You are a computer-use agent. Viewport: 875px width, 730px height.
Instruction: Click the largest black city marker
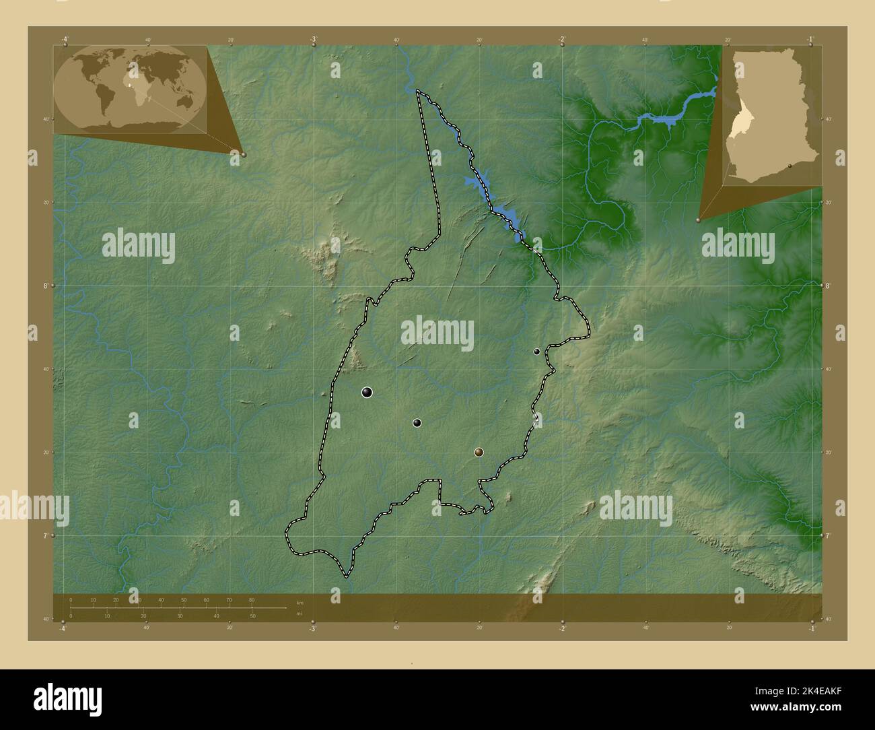coord(367,392)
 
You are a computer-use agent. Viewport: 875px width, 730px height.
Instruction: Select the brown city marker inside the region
coord(479,452)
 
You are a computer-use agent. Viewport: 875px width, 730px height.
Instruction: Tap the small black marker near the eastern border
coord(536,352)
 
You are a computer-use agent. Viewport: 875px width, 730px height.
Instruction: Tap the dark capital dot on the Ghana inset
coord(790,172)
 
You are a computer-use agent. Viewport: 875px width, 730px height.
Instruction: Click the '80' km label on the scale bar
coord(252,599)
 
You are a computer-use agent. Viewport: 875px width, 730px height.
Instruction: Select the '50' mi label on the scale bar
coord(252,616)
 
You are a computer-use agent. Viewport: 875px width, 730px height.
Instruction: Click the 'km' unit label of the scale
coord(299,603)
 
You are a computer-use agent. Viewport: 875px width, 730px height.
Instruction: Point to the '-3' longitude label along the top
coord(314,39)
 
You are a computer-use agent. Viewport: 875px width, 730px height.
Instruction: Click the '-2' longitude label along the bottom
coord(562,628)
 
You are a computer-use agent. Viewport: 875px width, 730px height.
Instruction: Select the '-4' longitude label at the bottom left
coord(63,628)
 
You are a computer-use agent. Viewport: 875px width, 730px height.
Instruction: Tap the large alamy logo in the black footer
coord(68,698)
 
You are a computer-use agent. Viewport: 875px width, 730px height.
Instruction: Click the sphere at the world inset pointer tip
coord(243,154)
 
